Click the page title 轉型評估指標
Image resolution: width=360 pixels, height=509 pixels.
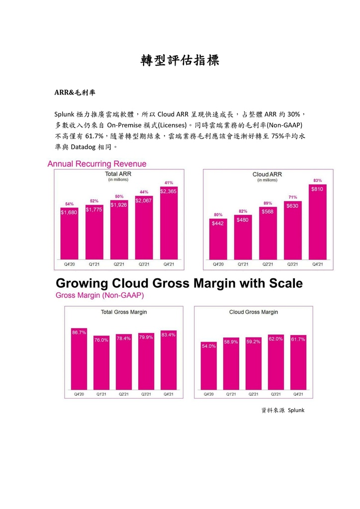point(180,61)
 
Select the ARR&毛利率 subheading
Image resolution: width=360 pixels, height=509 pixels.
point(75,92)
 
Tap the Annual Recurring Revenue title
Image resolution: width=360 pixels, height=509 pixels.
point(96,164)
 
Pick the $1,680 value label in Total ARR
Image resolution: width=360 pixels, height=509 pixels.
point(69,213)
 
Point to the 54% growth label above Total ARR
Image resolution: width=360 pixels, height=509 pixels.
point(69,204)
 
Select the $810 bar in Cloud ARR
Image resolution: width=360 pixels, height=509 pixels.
point(317,224)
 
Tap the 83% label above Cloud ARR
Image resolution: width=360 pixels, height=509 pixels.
point(317,180)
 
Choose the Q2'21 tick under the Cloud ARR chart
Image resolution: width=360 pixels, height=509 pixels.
point(268,264)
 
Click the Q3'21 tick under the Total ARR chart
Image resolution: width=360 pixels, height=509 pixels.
point(144,264)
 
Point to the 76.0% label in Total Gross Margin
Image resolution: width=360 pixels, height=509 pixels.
point(101,340)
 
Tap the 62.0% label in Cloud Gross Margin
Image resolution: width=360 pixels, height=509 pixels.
point(276,339)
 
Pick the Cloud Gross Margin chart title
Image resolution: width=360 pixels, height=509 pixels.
point(254,312)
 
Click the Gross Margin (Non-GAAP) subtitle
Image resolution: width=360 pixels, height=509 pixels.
point(99,295)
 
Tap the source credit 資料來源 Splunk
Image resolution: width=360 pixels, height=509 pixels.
point(282,410)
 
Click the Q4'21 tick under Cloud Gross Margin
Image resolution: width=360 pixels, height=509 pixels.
point(298,394)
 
